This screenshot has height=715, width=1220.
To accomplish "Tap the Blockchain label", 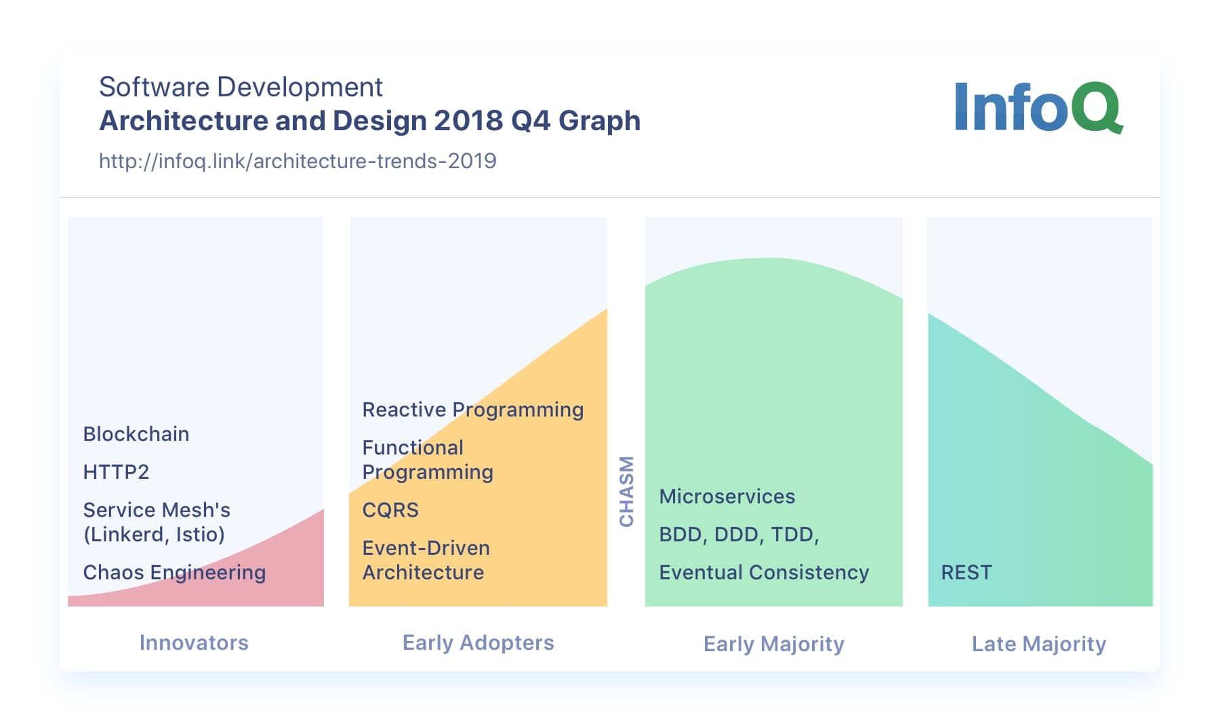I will (136, 434).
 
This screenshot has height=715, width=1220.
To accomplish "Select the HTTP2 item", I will (116, 472).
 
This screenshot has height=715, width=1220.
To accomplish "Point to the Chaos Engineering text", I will (174, 573).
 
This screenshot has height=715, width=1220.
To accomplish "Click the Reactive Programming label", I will (472, 410).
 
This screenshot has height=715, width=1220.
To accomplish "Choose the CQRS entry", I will (390, 510).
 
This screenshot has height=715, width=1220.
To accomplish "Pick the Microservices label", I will (727, 497).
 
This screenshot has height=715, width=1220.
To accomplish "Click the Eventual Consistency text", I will (764, 573).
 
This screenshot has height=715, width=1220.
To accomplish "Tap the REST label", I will (966, 573).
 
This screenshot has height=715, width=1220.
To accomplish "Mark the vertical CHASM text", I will (627, 491).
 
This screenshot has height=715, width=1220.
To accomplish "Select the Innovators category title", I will (194, 642).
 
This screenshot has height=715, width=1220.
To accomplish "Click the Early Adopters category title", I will (478, 642).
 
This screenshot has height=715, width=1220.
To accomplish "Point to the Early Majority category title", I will (773, 644).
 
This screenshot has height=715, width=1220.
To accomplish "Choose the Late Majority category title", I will (1038, 644).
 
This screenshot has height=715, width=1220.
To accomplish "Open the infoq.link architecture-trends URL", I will (298, 161).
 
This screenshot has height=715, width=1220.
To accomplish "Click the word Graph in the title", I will (599, 121).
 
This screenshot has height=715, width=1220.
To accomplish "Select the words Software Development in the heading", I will (241, 87).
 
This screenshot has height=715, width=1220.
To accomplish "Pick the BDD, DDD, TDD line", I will (739, 535).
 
